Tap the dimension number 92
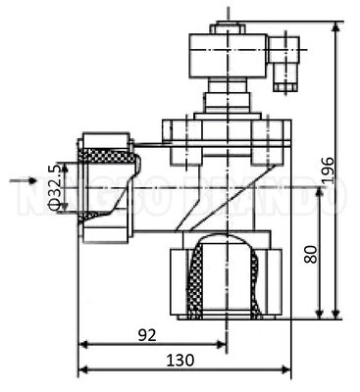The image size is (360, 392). pyautogui.click(x=148, y=334)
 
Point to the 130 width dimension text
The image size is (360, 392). pyautogui.click(x=179, y=359)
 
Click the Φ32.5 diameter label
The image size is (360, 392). pyautogui.click(x=55, y=184)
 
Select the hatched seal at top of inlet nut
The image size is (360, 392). pyautogui.click(x=105, y=156)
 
